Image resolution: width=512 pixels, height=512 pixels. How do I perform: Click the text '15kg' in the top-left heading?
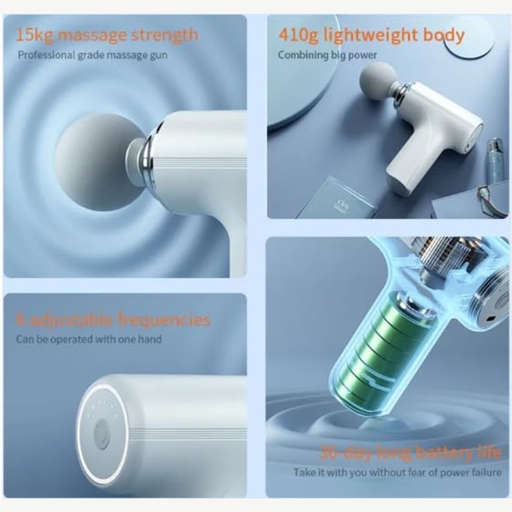pyautogui.click(x=34, y=35)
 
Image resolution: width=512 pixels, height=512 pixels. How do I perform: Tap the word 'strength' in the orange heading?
pyautogui.click(x=164, y=34)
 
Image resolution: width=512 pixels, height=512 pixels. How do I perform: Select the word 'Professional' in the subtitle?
pyautogui.click(x=46, y=55)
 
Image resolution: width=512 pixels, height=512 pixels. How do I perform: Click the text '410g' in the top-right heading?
pyautogui.click(x=298, y=36)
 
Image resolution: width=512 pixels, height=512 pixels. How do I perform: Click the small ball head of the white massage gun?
pyautogui.click(x=378, y=82)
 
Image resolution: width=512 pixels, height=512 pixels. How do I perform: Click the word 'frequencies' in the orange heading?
pyautogui.click(x=163, y=320)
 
